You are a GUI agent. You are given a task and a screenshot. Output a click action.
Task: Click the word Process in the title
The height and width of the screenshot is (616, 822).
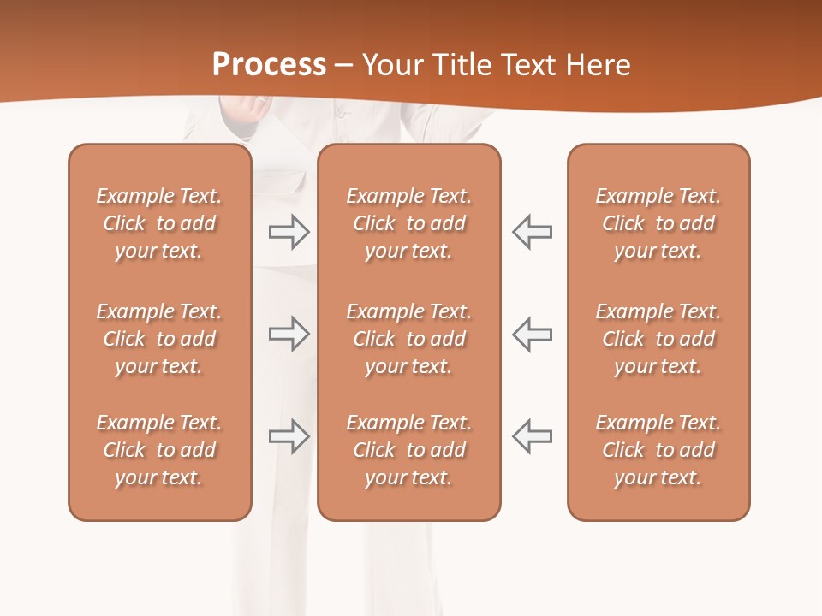point(269,65)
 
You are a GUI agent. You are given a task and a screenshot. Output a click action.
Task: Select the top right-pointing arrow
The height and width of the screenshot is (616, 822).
point(289,232)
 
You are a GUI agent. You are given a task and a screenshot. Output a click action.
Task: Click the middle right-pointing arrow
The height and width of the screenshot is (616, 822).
point(289,334)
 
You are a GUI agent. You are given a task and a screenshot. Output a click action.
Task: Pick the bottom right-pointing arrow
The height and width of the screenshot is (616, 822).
point(289,436)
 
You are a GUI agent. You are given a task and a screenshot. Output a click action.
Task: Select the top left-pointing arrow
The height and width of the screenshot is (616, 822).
point(533,232)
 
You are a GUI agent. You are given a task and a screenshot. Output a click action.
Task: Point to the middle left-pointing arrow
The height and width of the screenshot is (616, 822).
point(533,334)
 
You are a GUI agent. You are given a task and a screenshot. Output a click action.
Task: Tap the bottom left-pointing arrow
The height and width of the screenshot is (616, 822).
point(533,436)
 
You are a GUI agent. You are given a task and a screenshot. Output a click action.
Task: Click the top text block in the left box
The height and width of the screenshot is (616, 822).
point(159,223)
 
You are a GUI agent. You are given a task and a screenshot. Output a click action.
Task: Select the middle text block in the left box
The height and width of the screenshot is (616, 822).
point(159,339)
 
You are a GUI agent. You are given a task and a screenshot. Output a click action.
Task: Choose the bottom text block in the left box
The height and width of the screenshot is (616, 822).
point(159,450)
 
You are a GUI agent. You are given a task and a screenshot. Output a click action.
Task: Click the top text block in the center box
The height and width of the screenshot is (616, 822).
point(408,223)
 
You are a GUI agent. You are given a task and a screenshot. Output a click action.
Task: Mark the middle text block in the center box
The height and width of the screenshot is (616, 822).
point(408,339)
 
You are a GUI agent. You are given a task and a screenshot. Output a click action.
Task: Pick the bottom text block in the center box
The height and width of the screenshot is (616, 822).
point(408,450)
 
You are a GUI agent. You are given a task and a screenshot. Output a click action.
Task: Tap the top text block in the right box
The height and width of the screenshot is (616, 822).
point(658,223)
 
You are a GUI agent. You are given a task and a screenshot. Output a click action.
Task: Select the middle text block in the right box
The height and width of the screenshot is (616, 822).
point(658,339)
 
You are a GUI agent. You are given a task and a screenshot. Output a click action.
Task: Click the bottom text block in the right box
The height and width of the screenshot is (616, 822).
point(658,450)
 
